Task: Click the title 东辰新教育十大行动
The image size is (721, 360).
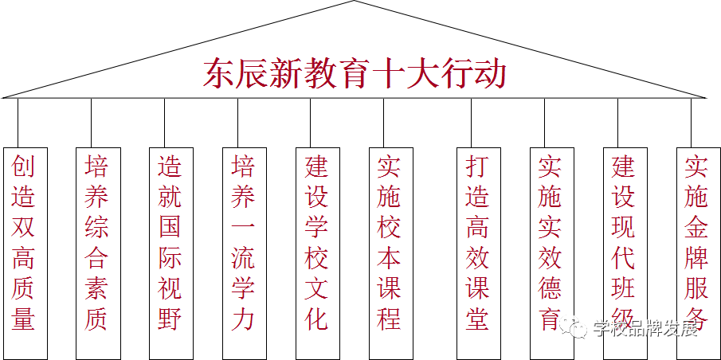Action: (355, 74)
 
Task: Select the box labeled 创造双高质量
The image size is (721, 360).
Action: (24, 252)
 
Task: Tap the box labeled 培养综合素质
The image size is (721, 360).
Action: (97, 252)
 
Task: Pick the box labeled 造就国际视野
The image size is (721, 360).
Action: (170, 252)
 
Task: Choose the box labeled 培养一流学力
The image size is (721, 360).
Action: (244, 252)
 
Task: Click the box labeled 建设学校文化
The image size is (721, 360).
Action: (317, 252)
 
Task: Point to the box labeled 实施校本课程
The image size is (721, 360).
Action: (390, 252)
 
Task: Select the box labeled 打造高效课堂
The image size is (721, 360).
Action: (478, 252)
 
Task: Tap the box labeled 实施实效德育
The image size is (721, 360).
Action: (551, 252)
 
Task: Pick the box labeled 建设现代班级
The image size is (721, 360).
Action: (625, 252)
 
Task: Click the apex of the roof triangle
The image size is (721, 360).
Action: (355, 2)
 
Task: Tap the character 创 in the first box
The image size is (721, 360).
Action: (24, 166)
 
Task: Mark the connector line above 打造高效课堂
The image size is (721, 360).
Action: (478, 123)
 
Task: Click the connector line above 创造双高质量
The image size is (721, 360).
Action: (18, 123)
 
